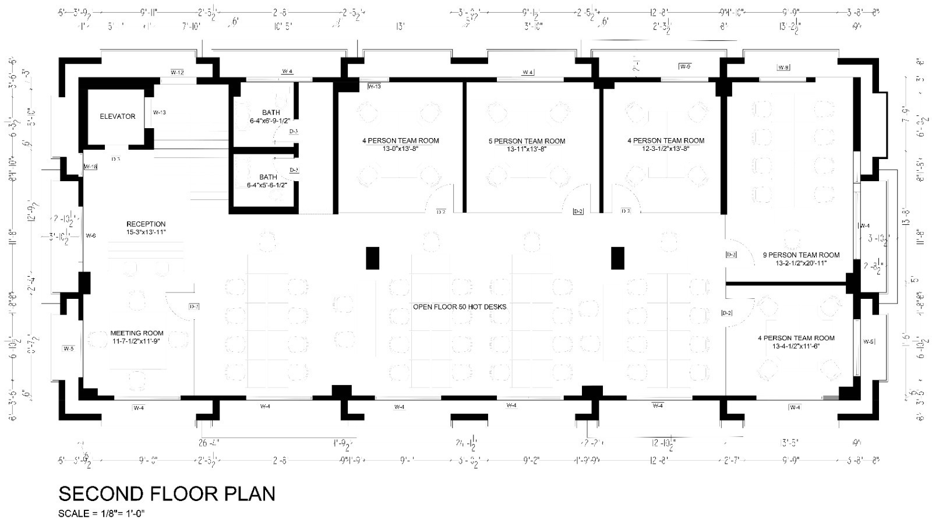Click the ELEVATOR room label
pyautogui.click(x=117, y=117)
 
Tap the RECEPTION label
pyautogui.click(x=146, y=224)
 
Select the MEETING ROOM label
pyautogui.click(x=137, y=333)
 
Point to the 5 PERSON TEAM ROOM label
pyautogui.click(x=527, y=141)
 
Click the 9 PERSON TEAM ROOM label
pyautogui.click(x=801, y=255)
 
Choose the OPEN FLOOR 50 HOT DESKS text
pyautogui.click(x=460, y=306)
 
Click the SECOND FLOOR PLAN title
pyautogui.click(x=167, y=494)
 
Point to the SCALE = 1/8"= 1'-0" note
pyautogui.click(x=101, y=513)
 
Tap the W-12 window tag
pyautogui.click(x=177, y=72)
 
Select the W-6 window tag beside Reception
pyautogui.click(x=90, y=236)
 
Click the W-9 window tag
pyautogui.click(x=685, y=66)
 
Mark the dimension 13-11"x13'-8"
pyautogui.click(x=527, y=149)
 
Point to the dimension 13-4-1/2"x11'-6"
pyautogui.click(x=796, y=347)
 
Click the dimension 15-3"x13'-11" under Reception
pyautogui.click(x=146, y=232)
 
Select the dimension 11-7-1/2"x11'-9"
pyautogui.click(x=137, y=341)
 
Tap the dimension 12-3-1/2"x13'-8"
pyautogui.click(x=665, y=149)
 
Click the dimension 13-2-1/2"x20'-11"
pyautogui.click(x=801, y=263)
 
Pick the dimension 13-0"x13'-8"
pyautogui.click(x=401, y=149)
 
